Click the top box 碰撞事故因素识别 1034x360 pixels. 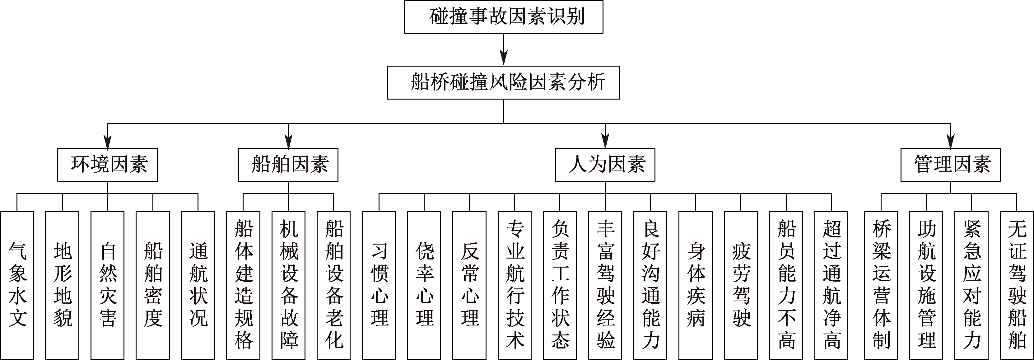503,17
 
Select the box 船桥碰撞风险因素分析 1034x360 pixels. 503,83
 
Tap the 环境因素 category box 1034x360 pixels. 107,165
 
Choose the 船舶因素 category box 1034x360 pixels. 288,165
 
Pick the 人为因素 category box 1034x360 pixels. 605,165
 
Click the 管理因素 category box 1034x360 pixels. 951,165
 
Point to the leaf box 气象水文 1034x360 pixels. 17,285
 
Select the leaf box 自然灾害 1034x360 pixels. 107,285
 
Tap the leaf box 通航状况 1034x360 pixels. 198,285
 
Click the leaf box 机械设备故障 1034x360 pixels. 289,285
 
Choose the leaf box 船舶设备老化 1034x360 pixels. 333,285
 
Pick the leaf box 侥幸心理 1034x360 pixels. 424,285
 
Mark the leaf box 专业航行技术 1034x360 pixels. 515,285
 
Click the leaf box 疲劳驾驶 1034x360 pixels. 741,285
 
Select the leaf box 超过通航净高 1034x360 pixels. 831,285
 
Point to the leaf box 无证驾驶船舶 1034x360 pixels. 1017,285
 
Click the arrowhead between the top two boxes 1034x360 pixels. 503,58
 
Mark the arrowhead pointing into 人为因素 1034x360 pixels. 605,141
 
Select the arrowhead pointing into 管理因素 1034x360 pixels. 951,141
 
